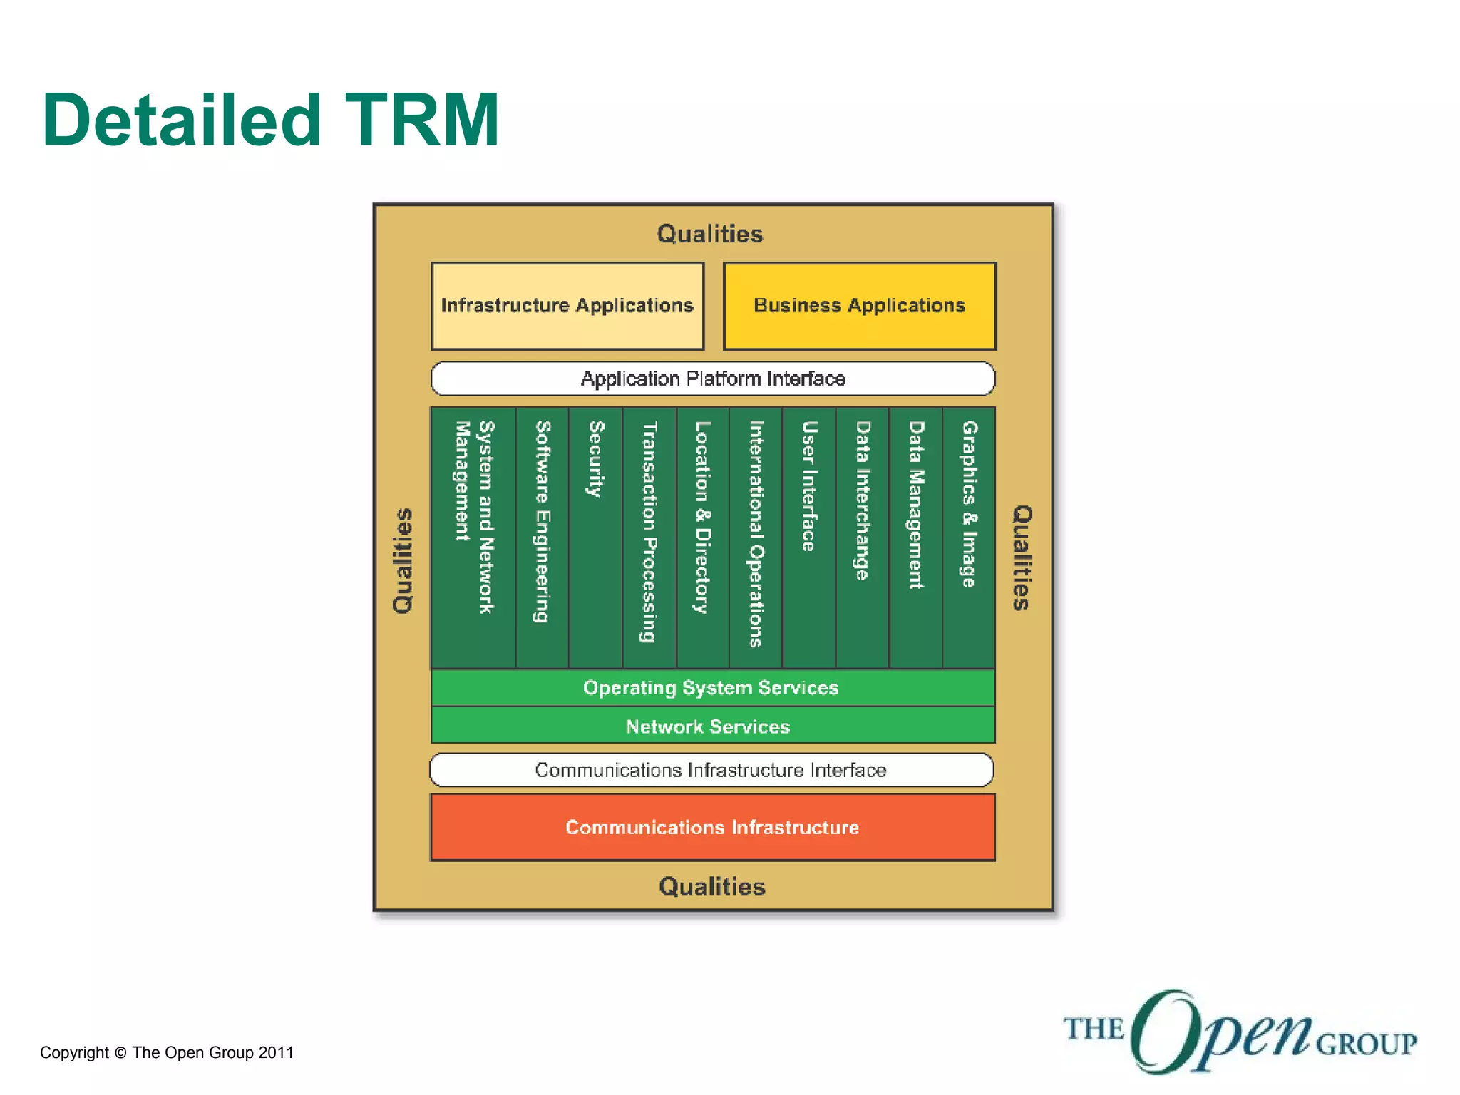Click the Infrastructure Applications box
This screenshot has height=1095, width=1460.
[567, 306]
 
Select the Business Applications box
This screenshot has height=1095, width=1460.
[860, 306]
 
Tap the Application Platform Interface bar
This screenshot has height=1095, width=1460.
[713, 379]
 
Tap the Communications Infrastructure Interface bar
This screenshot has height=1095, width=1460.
[711, 770]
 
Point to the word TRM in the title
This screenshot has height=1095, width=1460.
[421, 121]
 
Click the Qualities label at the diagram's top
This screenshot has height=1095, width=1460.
[710, 234]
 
